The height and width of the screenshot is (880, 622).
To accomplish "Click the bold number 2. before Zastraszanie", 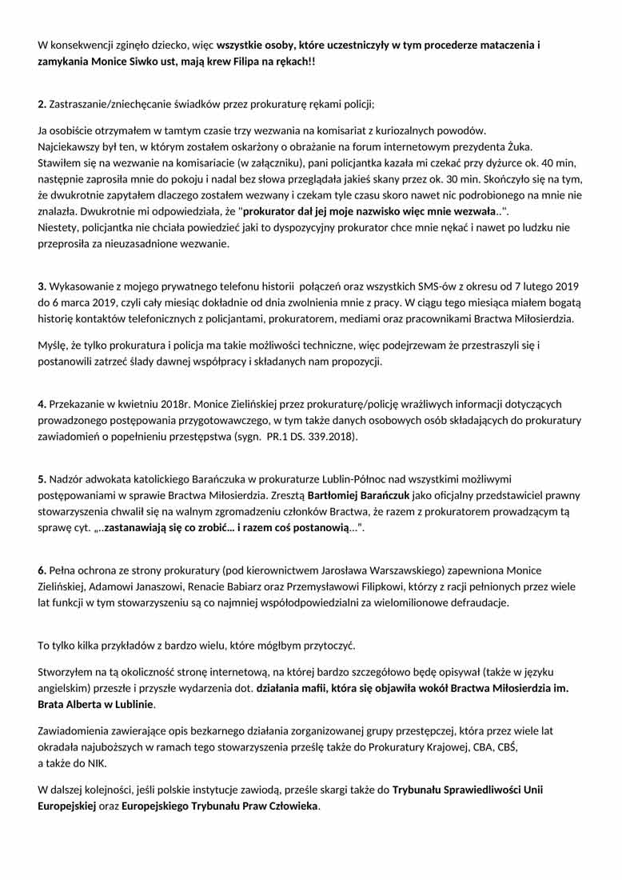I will tap(42, 105).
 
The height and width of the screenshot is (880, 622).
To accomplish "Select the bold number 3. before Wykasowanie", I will tap(42, 286).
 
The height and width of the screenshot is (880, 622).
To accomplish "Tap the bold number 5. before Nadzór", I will tap(42, 479).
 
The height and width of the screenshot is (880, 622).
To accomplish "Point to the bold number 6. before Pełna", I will tap(42, 570).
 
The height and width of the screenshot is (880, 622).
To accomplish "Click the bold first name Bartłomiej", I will tap(335, 496).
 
